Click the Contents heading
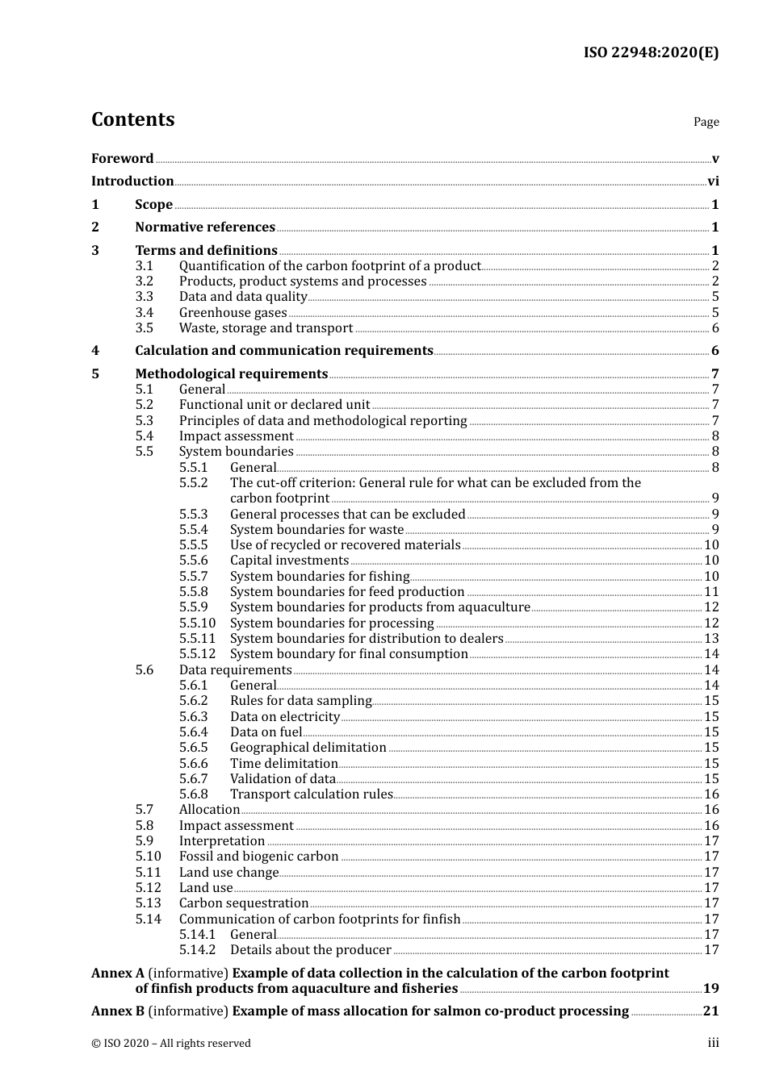tap(132, 119)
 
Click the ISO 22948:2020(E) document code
tap(651, 53)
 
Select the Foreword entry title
tap(122, 159)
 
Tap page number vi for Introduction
tap(713, 181)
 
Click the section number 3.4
tap(144, 313)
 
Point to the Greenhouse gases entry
tap(233, 313)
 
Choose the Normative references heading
tap(205, 227)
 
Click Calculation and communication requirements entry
tap(284, 351)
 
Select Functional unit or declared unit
tap(275, 405)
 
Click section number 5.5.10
tap(198, 623)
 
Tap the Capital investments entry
tap(289, 561)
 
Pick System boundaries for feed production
tap(347, 592)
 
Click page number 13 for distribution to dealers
tap(711, 639)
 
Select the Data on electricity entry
tap(285, 717)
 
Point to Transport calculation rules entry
tap(311, 794)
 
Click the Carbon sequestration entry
tap(244, 903)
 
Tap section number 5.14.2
tap(198, 950)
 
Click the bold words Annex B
tap(118, 1011)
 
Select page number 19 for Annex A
tap(711, 989)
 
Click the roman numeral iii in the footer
tap(713, 1043)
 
